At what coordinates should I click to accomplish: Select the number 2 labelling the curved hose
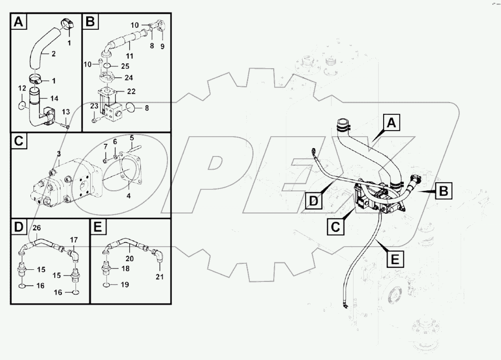click(x=53, y=54)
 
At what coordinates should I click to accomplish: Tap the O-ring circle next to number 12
click(x=24, y=106)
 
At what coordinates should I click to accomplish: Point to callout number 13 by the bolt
click(x=66, y=112)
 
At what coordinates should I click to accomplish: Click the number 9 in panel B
click(x=161, y=46)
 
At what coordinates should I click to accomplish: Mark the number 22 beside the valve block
click(x=131, y=91)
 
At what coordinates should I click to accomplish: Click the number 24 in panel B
click(x=129, y=78)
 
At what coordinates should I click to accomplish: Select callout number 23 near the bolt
click(x=94, y=106)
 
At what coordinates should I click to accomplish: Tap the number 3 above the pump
click(x=58, y=153)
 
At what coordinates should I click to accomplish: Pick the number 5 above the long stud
click(x=132, y=138)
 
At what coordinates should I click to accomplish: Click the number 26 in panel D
click(x=36, y=228)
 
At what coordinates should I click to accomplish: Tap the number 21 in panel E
click(x=159, y=277)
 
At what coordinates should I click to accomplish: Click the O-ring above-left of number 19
click(x=106, y=285)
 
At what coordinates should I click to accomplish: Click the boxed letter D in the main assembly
click(x=313, y=201)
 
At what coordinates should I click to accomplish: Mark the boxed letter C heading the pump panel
click(x=19, y=141)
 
